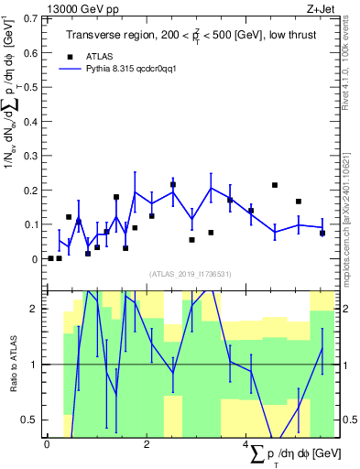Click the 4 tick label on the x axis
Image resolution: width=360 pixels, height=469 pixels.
click(x=246, y=444)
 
